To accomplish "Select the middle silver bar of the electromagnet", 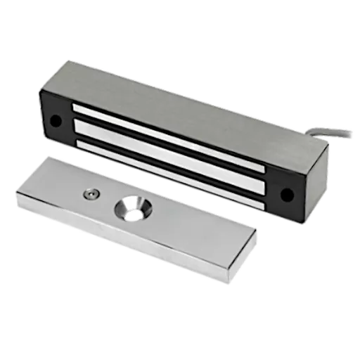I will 169,153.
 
